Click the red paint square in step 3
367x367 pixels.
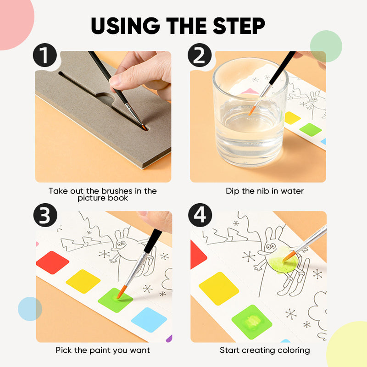pos(52,262)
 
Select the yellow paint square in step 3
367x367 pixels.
pos(83,281)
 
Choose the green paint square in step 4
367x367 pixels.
pos(251,322)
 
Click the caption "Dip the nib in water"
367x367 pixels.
pos(265,191)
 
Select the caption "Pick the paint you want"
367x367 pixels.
pos(103,350)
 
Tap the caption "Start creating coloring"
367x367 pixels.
pos(265,350)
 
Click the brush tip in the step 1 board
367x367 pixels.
pos(143,127)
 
